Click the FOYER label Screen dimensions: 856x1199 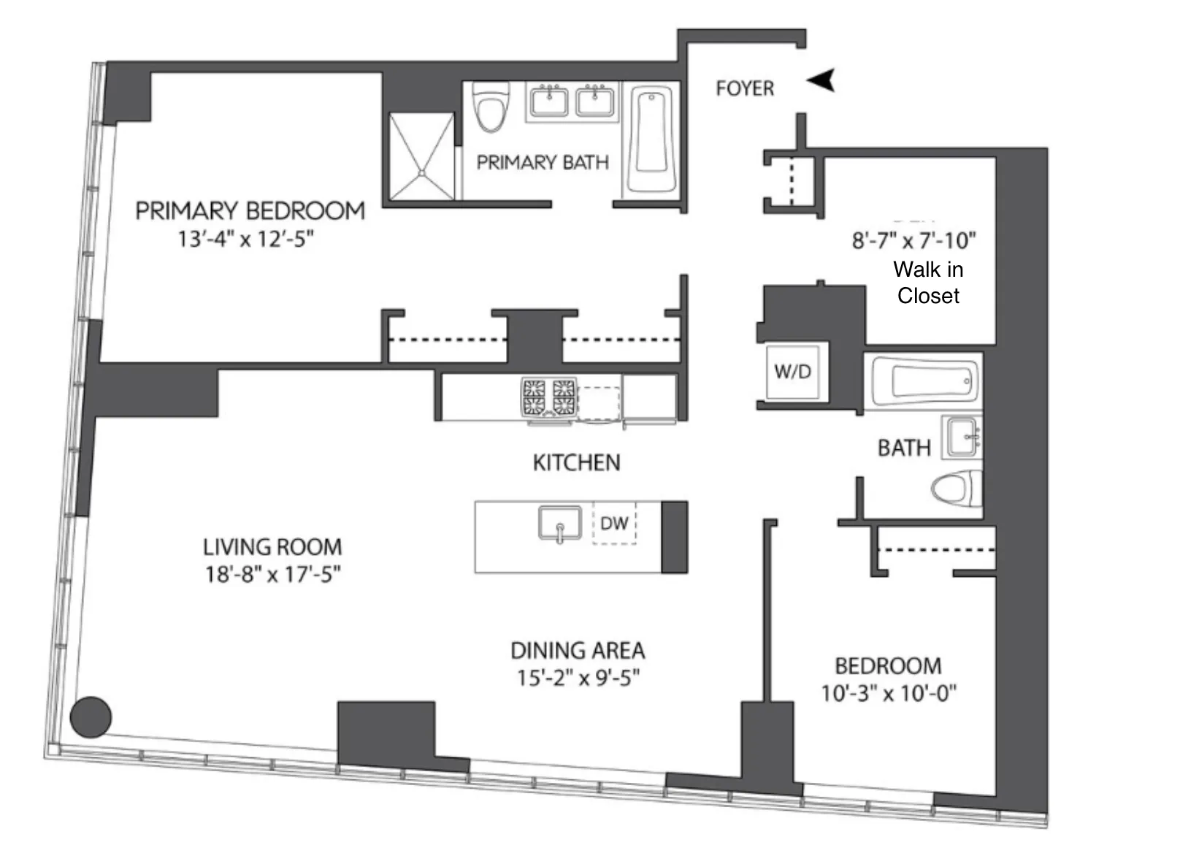click(x=744, y=88)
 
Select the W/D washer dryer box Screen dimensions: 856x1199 click(x=792, y=372)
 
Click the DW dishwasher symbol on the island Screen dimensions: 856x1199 click(x=614, y=523)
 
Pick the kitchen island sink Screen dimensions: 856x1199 click(x=560, y=524)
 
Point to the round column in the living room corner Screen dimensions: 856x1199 click(x=91, y=716)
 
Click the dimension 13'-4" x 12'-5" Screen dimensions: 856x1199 click(x=245, y=239)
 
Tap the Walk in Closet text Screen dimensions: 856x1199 click(x=928, y=283)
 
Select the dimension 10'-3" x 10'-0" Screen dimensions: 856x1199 click(x=889, y=692)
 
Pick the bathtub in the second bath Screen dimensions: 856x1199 click(x=924, y=381)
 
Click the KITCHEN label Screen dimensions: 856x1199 click(x=576, y=462)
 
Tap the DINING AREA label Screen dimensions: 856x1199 click(x=577, y=650)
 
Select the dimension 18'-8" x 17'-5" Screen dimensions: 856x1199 click(x=272, y=574)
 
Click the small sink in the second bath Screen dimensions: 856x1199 click(x=962, y=437)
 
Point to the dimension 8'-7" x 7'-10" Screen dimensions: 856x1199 click(x=913, y=240)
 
